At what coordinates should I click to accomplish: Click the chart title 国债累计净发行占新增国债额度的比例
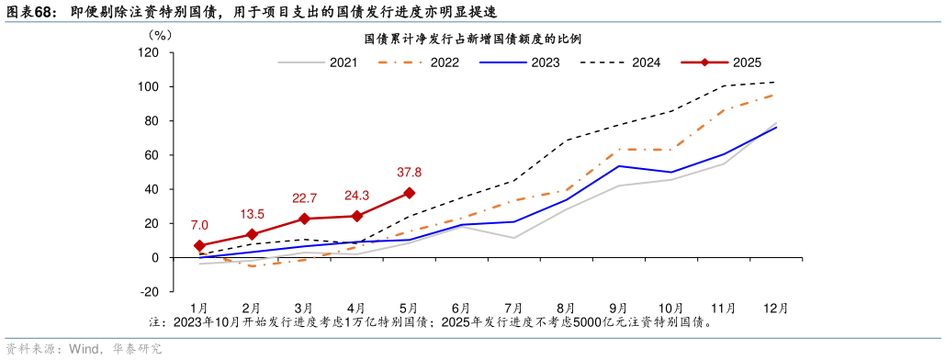click(x=473, y=39)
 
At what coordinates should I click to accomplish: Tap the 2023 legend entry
click(x=545, y=62)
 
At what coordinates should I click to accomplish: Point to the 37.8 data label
click(x=409, y=172)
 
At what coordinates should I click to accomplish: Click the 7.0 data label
click(x=199, y=225)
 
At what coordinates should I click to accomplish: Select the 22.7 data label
click(x=304, y=197)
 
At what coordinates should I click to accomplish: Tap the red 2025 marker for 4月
click(x=356, y=216)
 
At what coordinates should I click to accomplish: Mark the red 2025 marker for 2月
click(x=252, y=234)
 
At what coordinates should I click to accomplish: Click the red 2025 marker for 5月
click(x=409, y=193)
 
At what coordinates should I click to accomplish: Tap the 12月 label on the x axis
click(x=775, y=308)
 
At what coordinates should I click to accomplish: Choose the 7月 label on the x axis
click(x=513, y=308)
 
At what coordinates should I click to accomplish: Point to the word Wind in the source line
click(x=83, y=349)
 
